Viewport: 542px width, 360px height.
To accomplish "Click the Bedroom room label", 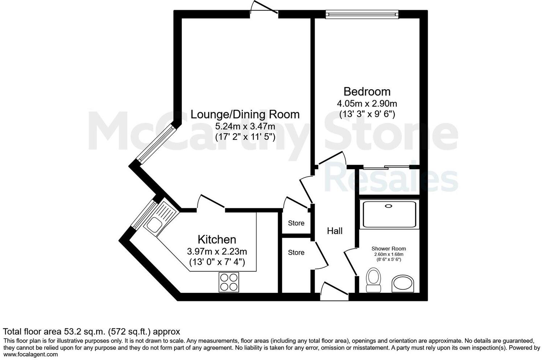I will pos(367,91).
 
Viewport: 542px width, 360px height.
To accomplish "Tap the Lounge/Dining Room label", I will pos(245,114).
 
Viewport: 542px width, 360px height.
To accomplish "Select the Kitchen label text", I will pos(217,240).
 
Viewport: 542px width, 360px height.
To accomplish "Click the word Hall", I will pos(334,231).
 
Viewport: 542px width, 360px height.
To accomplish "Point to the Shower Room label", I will pos(388,249).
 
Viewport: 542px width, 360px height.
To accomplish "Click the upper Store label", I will pos(296,223).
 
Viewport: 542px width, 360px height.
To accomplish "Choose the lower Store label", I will pos(296,253).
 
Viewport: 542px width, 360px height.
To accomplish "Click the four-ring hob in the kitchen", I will pos(229,282).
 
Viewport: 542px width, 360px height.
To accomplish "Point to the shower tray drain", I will pos(389,206).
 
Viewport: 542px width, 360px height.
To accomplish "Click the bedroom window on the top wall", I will pos(362,14).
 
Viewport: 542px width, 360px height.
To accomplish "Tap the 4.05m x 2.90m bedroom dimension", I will pos(367,103).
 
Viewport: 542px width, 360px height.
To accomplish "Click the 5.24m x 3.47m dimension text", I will pos(245,127).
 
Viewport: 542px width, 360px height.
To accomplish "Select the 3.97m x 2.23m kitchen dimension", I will pos(217,251).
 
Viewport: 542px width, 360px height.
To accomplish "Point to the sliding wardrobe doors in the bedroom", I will pos(387,168).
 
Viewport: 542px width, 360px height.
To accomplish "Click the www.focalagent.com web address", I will pos(30,355).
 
